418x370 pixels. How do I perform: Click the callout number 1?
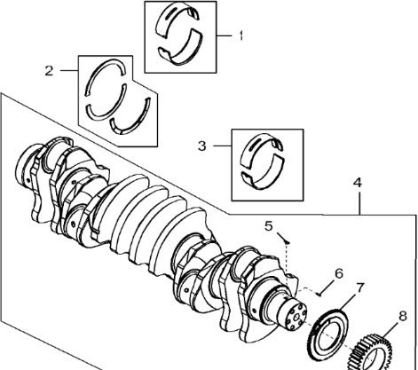[241, 35]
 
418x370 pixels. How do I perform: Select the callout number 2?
[50, 71]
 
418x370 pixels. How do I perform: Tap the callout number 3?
[202, 146]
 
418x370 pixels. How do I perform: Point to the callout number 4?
[358, 183]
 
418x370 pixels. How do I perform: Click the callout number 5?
[269, 226]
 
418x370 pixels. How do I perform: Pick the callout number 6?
[339, 273]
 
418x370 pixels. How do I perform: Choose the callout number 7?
[359, 287]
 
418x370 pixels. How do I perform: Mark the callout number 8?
[403, 316]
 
